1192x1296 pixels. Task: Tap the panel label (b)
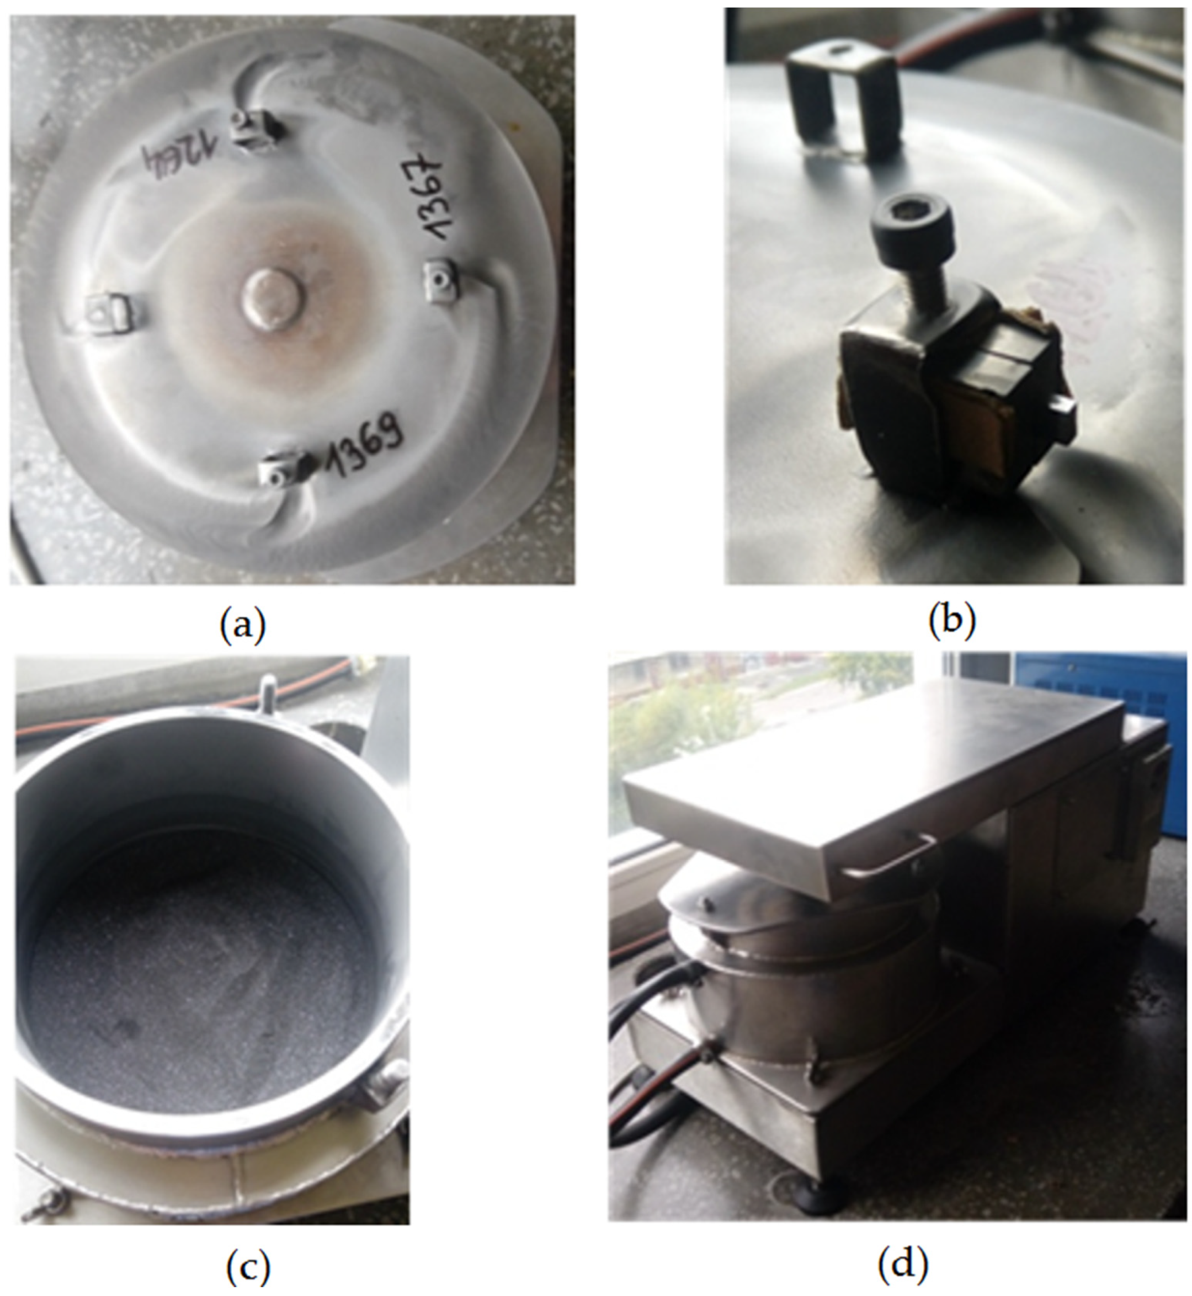coord(951,620)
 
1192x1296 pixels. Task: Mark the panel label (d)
coord(903,1265)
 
